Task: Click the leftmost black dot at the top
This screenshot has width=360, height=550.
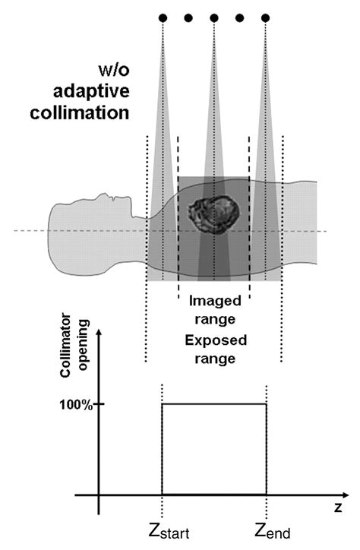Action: (x=163, y=17)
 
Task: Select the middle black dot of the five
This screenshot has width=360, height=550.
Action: (x=214, y=17)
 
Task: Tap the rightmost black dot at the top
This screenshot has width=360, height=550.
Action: (x=265, y=17)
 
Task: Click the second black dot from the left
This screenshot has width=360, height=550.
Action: (x=188, y=17)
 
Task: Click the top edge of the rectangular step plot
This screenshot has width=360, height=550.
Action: (x=214, y=404)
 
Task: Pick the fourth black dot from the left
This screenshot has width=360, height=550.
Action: (x=239, y=17)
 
